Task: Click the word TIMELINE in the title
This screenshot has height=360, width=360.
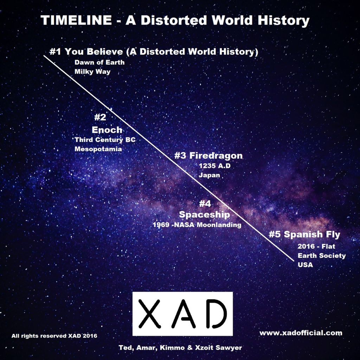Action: pyautogui.click(x=76, y=20)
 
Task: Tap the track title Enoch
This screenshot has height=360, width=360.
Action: pyautogui.click(x=107, y=130)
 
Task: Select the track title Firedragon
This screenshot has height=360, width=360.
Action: pyautogui.click(x=216, y=155)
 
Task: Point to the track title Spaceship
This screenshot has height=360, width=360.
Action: pyautogui.click(x=204, y=215)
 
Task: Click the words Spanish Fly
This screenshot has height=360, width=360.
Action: pyautogui.click(x=312, y=234)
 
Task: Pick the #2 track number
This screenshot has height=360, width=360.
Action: pyautogui.click(x=100, y=117)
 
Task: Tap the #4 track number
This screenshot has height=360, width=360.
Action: pyautogui.click(x=205, y=204)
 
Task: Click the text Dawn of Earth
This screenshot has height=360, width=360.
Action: pyautogui.click(x=99, y=62)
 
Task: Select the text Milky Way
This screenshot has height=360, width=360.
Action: pyautogui.click(x=92, y=72)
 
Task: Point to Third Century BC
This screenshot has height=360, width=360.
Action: pyautogui.click(x=105, y=140)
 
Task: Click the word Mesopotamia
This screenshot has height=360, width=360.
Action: pyautogui.click(x=98, y=149)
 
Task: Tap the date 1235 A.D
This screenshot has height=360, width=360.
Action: pyautogui.click(x=215, y=166)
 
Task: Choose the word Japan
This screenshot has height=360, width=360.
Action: pyautogui.click(x=210, y=175)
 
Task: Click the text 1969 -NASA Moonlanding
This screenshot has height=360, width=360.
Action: pyautogui.click(x=197, y=225)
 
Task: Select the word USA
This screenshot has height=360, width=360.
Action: pyautogui.click(x=306, y=265)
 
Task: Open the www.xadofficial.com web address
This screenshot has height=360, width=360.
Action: pyautogui.click(x=301, y=333)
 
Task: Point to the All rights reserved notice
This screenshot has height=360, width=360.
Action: pyautogui.click(x=54, y=336)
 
